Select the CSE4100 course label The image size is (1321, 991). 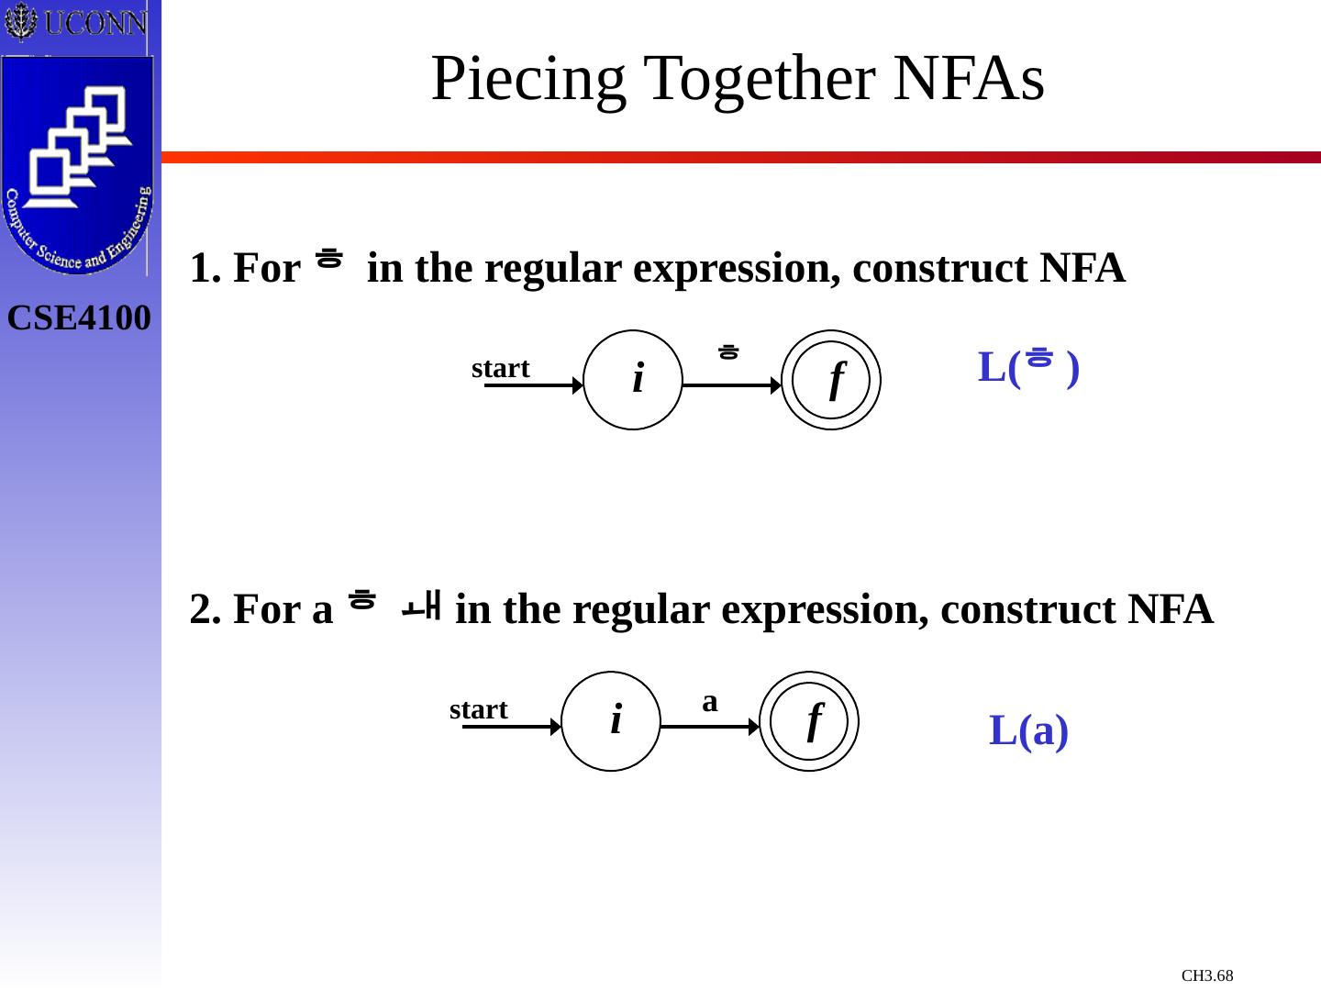tap(79, 318)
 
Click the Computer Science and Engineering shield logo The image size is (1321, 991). tap(77, 165)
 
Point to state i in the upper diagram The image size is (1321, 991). tap(633, 380)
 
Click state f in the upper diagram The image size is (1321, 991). tap(831, 380)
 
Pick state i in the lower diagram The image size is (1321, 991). tap(611, 721)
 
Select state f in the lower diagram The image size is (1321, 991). tap(809, 721)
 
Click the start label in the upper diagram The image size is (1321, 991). tap(501, 368)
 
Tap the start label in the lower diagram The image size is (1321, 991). tap(479, 709)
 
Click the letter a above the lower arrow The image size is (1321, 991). tap(709, 702)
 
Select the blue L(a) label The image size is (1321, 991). tap(1028, 731)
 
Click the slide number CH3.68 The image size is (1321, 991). tap(1207, 975)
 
